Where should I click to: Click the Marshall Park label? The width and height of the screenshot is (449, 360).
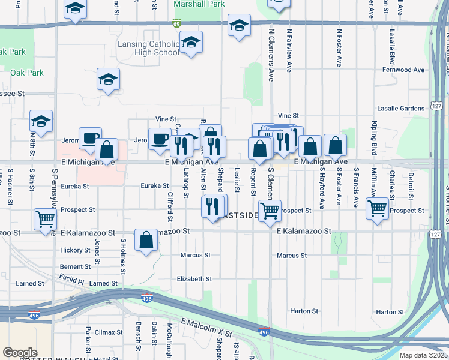pyautogui.click(x=199, y=4)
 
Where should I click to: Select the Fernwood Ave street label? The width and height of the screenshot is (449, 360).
pyautogui.click(x=405, y=70)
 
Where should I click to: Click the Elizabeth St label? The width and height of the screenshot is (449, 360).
pyautogui.click(x=194, y=279)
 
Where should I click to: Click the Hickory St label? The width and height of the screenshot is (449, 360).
pyautogui.click(x=74, y=250)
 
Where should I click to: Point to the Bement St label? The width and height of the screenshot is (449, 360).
pyautogui.click(x=74, y=266)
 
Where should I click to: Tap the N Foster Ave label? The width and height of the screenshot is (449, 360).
pyautogui.click(x=339, y=48)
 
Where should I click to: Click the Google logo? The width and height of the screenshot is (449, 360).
pyautogui.click(x=20, y=353)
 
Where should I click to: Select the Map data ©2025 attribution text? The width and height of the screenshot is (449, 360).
pyautogui.click(x=423, y=355)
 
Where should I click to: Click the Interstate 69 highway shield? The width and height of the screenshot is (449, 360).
pyautogui.click(x=176, y=23)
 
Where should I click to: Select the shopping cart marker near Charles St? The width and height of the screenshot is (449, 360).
pyautogui.click(x=377, y=208)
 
